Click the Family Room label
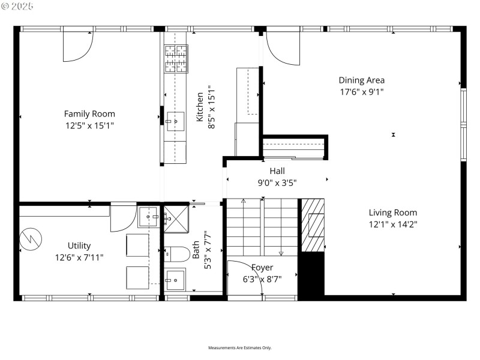tap(89, 113)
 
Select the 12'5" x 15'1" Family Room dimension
tap(89, 125)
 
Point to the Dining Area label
tap(361, 80)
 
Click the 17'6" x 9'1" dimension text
tap(361, 92)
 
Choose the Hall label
tap(277, 170)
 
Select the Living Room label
tap(392, 212)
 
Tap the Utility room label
tap(79, 245)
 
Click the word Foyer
tap(262, 267)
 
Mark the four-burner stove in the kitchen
tap(176, 59)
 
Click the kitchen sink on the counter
tap(176, 121)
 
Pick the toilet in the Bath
tap(175, 254)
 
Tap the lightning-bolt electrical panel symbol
tap(31, 239)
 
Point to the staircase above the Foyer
tap(262, 228)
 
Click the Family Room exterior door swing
tap(77, 44)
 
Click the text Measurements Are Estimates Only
tap(240, 347)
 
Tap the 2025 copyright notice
tap(18, 6)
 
